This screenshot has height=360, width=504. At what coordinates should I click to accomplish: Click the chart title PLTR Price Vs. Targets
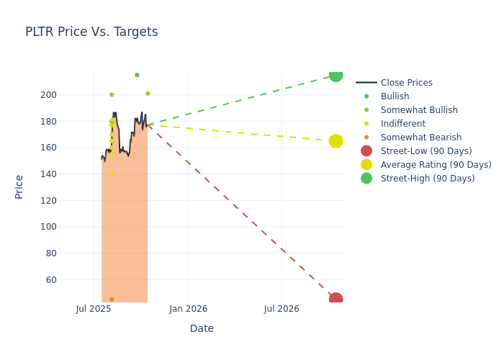tap(91, 32)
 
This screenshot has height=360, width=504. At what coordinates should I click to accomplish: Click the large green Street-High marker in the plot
tap(336, 75)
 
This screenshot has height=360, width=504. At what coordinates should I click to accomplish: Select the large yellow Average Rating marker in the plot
tap(336, 141)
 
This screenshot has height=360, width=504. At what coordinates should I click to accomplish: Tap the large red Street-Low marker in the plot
tap(336, 299)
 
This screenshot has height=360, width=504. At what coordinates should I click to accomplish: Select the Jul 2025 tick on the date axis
tap(94, 309)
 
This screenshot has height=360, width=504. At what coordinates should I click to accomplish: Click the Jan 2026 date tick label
tap(189, 309)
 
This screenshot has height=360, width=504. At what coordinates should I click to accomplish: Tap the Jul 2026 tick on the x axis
tap(282, 309)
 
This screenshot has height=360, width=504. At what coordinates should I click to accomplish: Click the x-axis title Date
tap(202, 329)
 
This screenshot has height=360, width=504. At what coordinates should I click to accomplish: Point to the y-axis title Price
tap(19, 186)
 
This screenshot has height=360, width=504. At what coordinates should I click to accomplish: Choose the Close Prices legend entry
tap(406, 83)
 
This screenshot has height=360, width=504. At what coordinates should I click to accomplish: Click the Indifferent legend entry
tap(402, 124)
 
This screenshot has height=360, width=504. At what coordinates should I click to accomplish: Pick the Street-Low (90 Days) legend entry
tap(426, 151)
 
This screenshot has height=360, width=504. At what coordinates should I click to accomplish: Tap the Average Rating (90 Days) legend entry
tap(436, 165)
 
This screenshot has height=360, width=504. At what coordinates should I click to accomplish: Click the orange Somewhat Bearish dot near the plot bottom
tap(112, 300)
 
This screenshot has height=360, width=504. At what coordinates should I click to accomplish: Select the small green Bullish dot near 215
tap(137, 75)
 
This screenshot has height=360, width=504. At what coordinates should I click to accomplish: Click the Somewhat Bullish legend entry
tap(418, 110)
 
